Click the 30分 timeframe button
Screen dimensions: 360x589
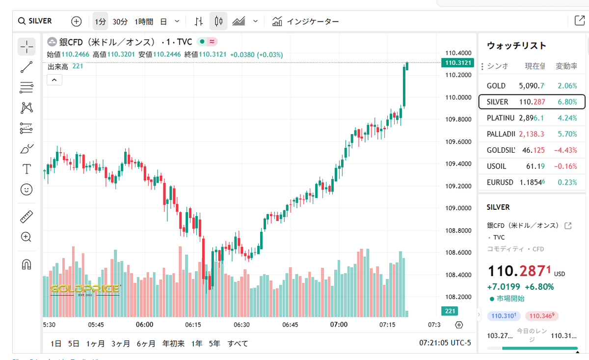click(120, 22)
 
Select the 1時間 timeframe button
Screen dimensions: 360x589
click(144, 22)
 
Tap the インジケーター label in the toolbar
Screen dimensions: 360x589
click(313, 22)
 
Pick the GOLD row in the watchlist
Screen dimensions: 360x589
click(496, 85)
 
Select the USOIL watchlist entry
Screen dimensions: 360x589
click(496, 166)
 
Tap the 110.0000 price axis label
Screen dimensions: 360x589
click(458, 97)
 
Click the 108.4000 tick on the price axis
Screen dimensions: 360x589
click(458, 275)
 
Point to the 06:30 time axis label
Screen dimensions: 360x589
click(241, 325)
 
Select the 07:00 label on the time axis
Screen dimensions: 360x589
click(339, 325)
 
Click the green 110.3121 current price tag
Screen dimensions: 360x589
click(457, 62)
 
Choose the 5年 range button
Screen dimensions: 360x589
click(214, 343)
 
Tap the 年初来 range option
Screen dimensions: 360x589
click(173, 343)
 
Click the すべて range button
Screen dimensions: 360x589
click(238, 343)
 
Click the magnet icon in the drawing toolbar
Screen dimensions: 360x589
click(27, 264)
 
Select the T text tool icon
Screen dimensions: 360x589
click(27, 169)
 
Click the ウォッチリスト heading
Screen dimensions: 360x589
click(516, 46)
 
